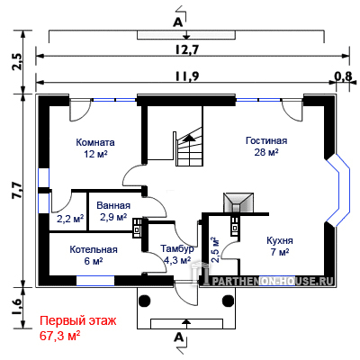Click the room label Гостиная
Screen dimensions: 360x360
266,140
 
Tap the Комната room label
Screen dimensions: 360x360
95,142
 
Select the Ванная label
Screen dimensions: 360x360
113,205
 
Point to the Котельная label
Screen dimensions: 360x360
94,249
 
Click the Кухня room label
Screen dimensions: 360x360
280,241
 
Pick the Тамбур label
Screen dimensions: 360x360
177,249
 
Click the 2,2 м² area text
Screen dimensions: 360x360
70,220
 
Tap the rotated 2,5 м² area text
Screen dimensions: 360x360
215,250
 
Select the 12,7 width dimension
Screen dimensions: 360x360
187,49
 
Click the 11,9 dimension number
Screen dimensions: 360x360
186,76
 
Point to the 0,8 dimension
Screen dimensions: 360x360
343,76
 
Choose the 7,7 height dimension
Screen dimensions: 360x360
17,190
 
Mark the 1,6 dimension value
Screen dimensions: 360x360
17,306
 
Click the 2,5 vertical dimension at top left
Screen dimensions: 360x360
17,61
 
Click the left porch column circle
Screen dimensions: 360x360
144,300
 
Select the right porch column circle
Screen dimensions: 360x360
228,300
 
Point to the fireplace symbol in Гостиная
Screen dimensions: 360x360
238,202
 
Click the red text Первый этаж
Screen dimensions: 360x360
78,321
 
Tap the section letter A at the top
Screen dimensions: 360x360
178,23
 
